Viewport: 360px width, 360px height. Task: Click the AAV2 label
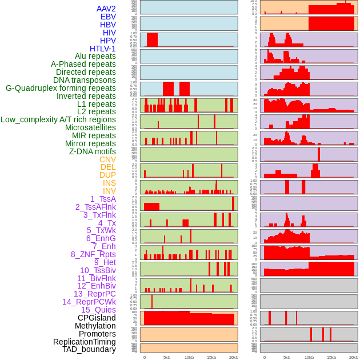(x=106, y=9)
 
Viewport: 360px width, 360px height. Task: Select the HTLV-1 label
(x=102, y=49)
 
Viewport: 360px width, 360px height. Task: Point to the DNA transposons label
(x=85, y=80)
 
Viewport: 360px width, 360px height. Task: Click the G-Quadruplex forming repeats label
(x=61, y=88)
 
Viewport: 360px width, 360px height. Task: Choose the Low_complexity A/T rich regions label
(x=58, y=119)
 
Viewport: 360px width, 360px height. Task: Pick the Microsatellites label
(x=90, y=127)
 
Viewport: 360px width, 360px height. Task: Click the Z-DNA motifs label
(x=92, y=151)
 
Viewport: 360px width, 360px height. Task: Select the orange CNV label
(x=107, y=159)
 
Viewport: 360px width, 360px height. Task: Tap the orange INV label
(x=109, y=191)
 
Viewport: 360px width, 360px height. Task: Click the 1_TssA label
(x=103, y=199)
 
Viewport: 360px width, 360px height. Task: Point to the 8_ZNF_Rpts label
(x=93, y=254)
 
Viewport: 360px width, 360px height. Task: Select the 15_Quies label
(x=98, y=310)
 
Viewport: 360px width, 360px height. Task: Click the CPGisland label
(x=97, y=318)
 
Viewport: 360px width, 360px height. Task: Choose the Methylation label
(x=95, y=326)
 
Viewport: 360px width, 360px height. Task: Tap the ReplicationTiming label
(x=84, y=342)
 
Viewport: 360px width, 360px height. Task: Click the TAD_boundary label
(x=89, y=349)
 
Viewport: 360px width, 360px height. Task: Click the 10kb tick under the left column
(x=189, y=357)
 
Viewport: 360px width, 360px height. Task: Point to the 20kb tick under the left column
(x=233, y=357)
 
